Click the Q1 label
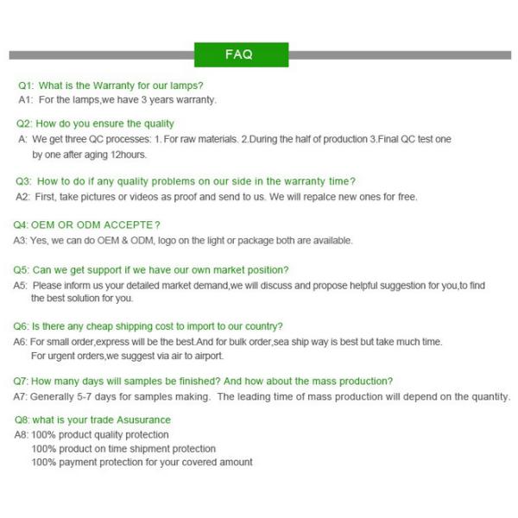26,85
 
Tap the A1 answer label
25,99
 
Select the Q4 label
21,225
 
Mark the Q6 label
21,326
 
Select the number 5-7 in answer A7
92,396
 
